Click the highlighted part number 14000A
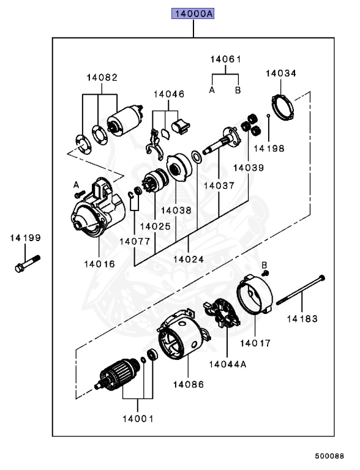(193, 14)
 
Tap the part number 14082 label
(102, 78)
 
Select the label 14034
(281, 73)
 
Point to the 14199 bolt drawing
(28, 264)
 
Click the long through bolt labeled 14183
(301, 290)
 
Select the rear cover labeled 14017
(255, 294)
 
